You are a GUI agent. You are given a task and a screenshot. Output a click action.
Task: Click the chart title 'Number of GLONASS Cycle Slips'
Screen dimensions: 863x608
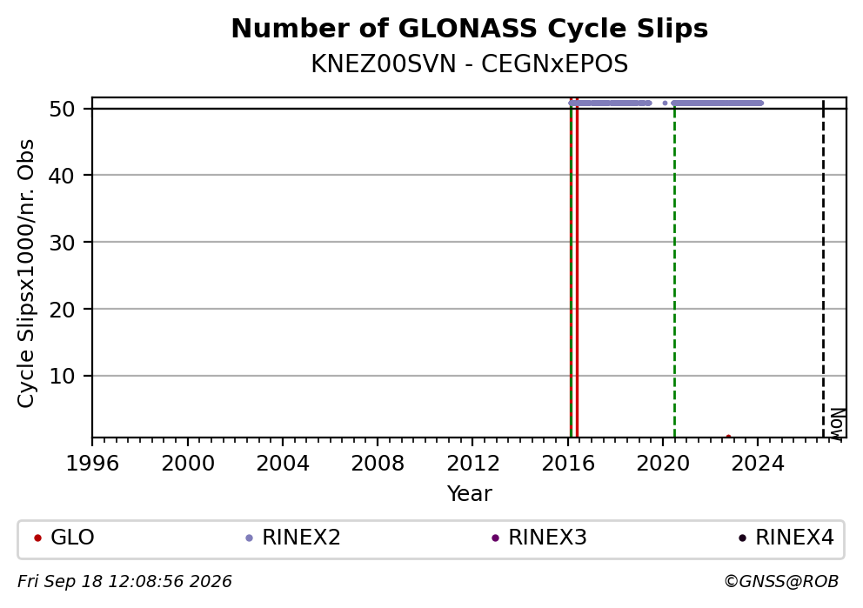(470, 29)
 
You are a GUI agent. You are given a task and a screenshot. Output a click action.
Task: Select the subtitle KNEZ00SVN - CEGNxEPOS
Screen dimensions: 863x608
(470, 64)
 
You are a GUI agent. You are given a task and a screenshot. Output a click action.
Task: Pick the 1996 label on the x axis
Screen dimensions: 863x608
(92, 464)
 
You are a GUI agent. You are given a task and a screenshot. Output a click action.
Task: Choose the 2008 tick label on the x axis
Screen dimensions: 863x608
(377, 464)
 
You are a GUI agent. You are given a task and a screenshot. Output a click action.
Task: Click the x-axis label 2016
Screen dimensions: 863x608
(567, 464)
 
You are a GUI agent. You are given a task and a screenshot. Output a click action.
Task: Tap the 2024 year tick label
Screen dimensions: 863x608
(758, 464)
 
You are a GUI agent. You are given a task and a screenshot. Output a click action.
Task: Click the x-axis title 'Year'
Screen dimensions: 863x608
(470, 493)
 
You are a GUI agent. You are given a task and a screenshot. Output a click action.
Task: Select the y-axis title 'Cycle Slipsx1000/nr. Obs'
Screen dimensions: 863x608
(25, 273)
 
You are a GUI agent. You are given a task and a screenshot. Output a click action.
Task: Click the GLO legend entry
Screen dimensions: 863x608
(64, 538)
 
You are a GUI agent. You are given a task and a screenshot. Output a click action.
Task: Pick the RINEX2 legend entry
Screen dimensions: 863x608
(293, 538)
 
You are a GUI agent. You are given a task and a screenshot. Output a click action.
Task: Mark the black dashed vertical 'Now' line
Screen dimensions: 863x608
(823, 269)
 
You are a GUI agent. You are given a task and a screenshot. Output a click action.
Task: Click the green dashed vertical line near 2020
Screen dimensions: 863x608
(674, 269)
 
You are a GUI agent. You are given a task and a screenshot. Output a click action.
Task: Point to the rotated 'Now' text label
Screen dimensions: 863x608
(837, 424)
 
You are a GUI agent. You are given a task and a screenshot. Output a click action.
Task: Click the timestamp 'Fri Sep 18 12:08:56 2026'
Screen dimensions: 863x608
(124, 582)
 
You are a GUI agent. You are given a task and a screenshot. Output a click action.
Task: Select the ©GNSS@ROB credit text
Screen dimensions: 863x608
(781, 582)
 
